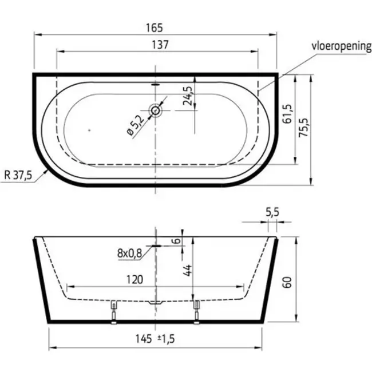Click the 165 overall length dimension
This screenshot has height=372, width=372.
pyautogui.click(x=154, y=28)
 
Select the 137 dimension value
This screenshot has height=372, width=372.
pyautogui.click(x=160, y=45)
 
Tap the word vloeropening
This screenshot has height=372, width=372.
pyautogui.click(x=342, y=46)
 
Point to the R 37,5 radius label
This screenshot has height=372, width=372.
pyautogui.click(x=18, y=175)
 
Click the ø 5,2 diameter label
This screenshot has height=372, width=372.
pyautogui.click(x=136, y=125)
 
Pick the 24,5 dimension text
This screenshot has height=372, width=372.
pyautogui.click(x=187, y=96)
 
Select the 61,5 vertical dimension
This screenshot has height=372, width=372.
pyautogui.click(x=287, y=114)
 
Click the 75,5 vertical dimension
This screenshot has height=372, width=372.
pyautogui.click(x=303, y=128)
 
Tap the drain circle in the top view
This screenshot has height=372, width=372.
pyautogui.click(x=156, y=110)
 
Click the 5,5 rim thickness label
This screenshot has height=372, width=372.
pyautogui.click(x=272, y=212)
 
